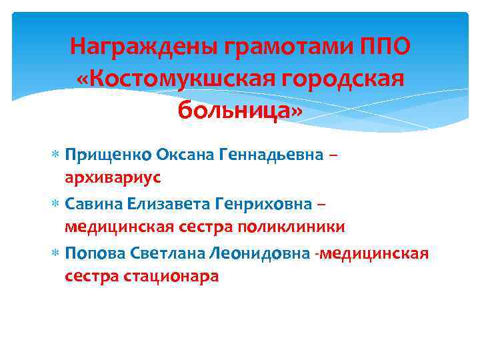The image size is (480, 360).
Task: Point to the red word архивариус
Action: coord(113,178)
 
